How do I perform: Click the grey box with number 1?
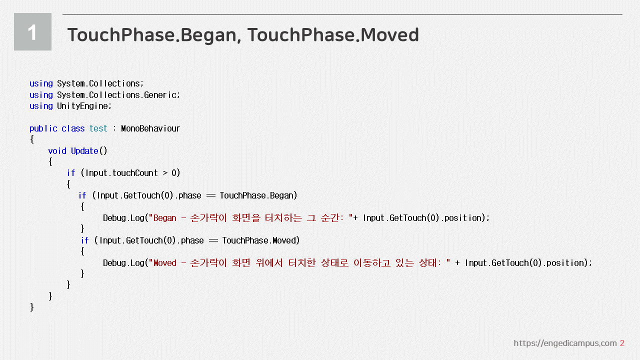click(32, 31)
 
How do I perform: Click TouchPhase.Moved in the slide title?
click(333, 35)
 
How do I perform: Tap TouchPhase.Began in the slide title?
click(151, 35)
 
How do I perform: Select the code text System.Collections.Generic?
click(118, 95)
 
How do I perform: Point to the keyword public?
click(43, 128)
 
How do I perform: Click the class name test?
click(98, 128)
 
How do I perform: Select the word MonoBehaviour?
click(150, 128)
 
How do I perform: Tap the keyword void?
click(57, 151)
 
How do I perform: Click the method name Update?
click(84, 151)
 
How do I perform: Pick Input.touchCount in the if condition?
click(121, 173)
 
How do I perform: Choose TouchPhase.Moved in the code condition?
click(259, 240)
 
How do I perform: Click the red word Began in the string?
click(165, 218)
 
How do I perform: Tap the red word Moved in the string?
click(165, 263)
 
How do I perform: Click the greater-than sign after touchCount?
click(165, 173)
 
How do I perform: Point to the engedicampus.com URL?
click(565, 343)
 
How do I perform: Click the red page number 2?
click(622, 343)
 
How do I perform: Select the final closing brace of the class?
click(32, 307)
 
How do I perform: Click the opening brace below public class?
click(32, 139)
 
